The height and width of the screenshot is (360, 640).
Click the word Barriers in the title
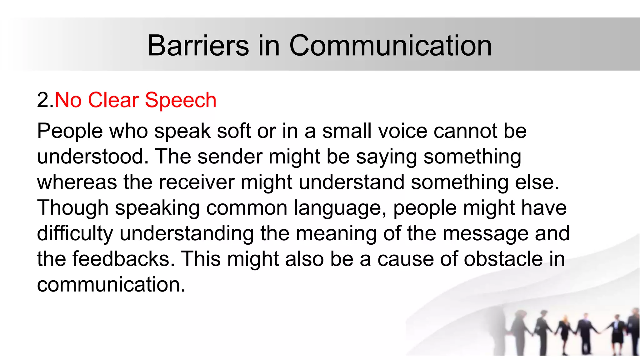click(198, 46)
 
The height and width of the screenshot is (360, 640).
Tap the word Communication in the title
click(390, 46)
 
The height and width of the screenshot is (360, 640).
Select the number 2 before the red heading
click(42, 100)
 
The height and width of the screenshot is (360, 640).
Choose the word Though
click(72, 208)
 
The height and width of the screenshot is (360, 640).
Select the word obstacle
click(503, 259)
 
